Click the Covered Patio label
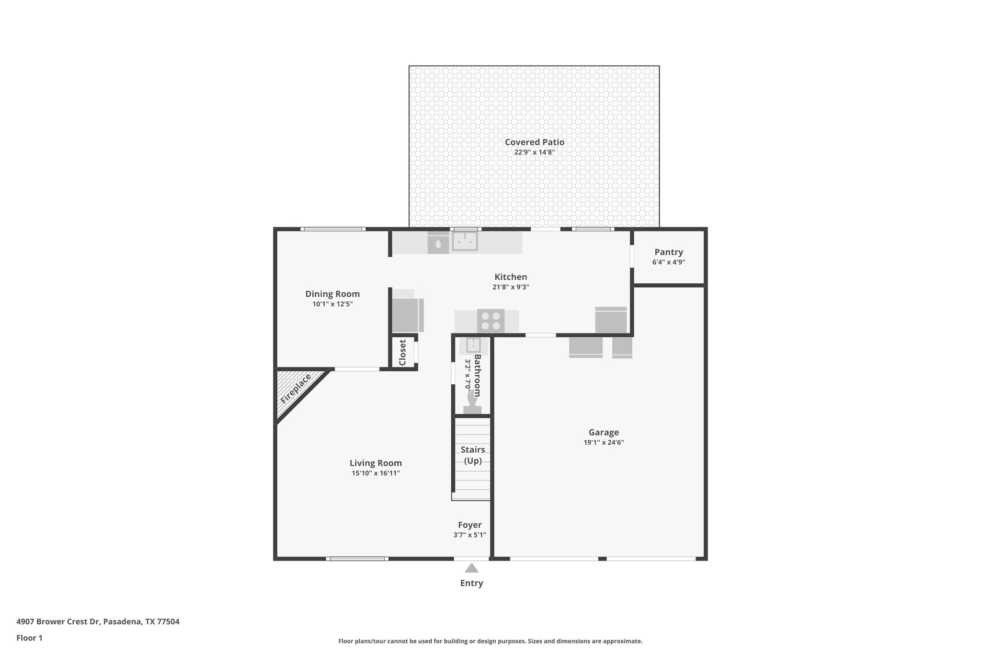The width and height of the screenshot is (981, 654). (534, 142)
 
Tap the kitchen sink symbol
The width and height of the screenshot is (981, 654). (465, 241)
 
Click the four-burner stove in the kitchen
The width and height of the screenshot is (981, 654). (490, 321)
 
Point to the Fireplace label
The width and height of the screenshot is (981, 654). (296, 388)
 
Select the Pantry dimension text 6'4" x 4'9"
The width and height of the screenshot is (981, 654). (668, 262)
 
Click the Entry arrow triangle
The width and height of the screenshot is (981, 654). (471, 568)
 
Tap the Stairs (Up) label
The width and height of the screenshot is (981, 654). (472, 455)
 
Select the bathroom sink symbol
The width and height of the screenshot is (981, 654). (473, 345)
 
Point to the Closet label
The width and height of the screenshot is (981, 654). (402, 352)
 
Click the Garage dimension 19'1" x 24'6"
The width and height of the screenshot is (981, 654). (603, 442)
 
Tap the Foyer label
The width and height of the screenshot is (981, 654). (469, 525)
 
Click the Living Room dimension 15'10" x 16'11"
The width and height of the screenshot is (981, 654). (376, 473)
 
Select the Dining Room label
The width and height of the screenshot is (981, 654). (332, 294)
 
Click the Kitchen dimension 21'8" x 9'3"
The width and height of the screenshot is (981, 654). (511, 287)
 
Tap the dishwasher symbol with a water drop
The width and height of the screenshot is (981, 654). (438, 243)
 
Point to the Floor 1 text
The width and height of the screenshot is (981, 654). (29, 638)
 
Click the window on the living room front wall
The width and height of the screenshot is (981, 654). (357, 559)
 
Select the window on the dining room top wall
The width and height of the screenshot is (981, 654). (333, 229)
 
